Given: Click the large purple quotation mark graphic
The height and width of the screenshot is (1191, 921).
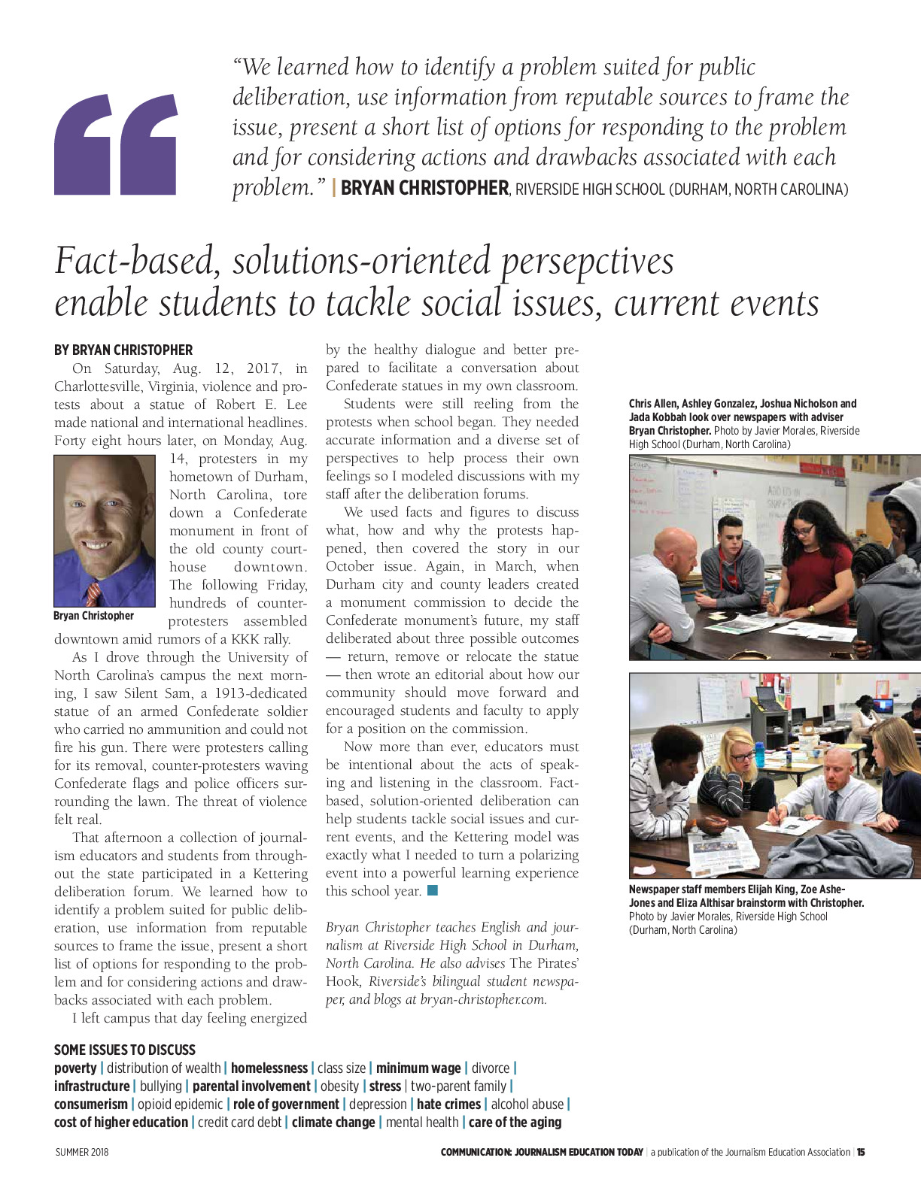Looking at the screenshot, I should [116, 144].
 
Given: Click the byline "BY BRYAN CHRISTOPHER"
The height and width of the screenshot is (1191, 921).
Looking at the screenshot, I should [123, 350].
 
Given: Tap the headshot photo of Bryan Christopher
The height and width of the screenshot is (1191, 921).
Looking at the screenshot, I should [105, 530].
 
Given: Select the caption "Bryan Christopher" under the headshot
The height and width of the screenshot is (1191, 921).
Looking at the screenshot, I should [93, 616].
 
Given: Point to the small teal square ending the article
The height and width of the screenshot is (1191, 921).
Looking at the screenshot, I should [432, 891].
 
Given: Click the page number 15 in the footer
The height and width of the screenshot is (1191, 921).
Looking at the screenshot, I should [861, 1152].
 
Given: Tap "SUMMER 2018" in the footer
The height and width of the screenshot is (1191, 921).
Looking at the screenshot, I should [82, 1152].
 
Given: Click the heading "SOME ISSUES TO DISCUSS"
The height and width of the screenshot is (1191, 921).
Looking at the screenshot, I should [125, 1050].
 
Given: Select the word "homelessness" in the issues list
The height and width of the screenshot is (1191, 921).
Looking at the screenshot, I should [269, 1068].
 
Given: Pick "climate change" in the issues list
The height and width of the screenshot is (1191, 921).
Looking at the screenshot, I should [333, 1122].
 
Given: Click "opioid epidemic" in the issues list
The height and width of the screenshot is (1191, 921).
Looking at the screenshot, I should [181, 1104].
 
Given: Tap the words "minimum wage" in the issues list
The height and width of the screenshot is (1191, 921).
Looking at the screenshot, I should [418, 1068].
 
